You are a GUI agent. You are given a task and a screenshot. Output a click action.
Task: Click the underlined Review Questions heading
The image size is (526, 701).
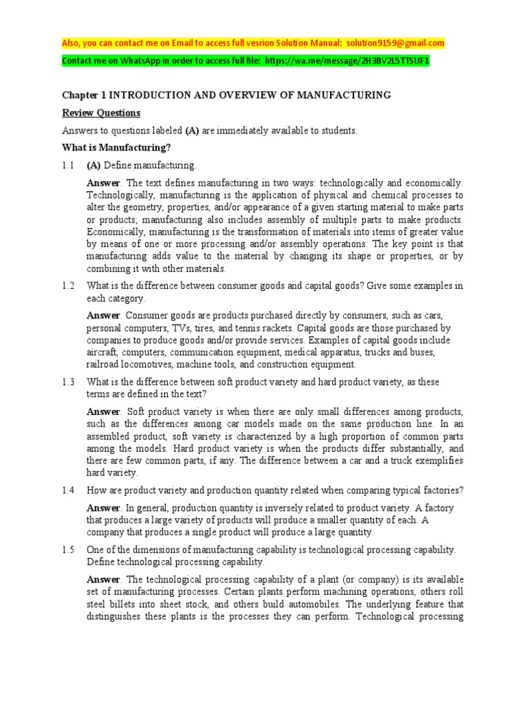tap(101, 112)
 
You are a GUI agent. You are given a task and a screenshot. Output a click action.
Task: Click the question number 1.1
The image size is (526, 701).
tap(68, 165)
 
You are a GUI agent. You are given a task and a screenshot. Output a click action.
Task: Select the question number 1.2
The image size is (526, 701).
tap(68, 285)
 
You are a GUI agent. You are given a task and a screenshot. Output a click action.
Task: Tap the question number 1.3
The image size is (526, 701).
tap(68, 381)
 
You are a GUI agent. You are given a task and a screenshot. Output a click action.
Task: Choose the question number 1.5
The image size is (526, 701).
tap(68, 550)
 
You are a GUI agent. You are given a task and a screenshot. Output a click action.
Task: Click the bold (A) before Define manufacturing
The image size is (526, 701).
tap(94, 165)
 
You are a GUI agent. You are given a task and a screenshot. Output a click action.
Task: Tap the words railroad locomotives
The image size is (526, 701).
tap(128, 364)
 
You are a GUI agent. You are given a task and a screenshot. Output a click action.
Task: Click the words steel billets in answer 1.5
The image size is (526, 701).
tap(112, 604)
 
